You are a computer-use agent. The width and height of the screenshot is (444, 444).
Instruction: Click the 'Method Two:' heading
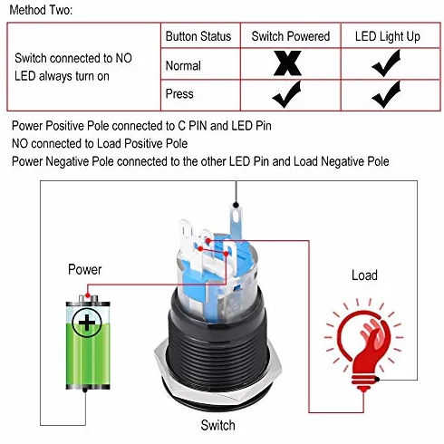click(x=41, y=10)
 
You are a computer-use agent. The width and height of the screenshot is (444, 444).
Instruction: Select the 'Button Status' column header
click(x=198, y=36)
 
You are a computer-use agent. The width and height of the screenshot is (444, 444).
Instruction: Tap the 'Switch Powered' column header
click(x=291, y=36)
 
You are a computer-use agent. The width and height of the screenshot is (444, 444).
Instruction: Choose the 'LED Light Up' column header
click(x=388, y=37)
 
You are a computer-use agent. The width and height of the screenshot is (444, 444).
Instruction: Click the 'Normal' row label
click(x=183, y=65)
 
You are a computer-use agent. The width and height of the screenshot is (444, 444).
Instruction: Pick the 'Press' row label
click(x=179, y=93)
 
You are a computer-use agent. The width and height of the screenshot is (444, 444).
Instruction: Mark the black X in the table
click(x=287, y=63)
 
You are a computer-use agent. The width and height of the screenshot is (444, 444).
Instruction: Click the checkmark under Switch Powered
click(x=286, y=94)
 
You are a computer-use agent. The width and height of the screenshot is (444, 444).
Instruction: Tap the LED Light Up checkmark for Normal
click(x=386, y=63)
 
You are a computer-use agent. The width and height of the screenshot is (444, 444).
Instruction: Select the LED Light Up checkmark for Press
click(x=386, y=94)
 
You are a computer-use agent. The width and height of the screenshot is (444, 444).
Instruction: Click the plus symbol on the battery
click(x=87, y=323)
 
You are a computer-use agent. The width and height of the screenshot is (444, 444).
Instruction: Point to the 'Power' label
click(x=85, y=269)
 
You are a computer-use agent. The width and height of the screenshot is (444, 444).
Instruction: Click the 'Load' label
click(x=364, y=275)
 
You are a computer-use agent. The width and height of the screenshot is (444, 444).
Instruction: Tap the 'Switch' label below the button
click(x=217, y=425)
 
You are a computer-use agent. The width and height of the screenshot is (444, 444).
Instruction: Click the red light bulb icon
click(x=364, y=346)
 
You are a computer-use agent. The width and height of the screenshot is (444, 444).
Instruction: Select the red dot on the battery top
click(x=88, y=295)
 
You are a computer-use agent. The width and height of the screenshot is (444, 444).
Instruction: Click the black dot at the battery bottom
click(x=85, y=390)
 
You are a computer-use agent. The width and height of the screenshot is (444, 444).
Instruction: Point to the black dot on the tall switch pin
click(x=236, y=206)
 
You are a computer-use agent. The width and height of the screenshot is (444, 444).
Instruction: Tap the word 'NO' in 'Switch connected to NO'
click(x=124, y=58)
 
